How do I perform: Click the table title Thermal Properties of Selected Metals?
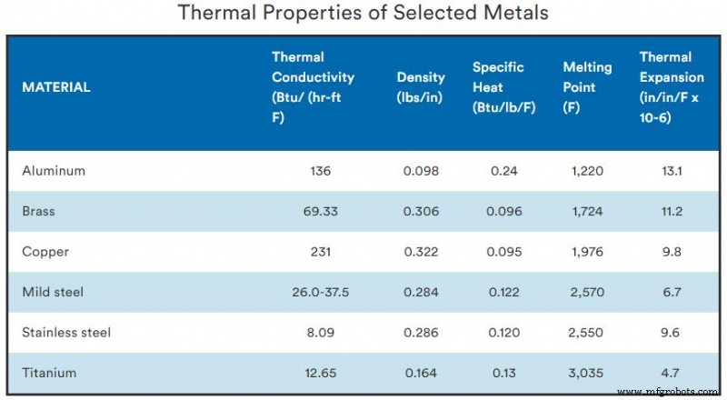[363, 14]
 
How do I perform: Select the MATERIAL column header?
[55, 88]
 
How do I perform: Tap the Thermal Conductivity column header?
[313, 87]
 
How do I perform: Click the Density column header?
[420, 87]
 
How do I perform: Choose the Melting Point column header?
[587, 87]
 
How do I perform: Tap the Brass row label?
[38, 211]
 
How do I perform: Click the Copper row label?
[42, 252]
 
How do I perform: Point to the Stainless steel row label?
[66, 333]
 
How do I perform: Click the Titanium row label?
[47, 373]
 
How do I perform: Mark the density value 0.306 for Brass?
[422, 211]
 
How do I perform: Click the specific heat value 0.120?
[503, 333]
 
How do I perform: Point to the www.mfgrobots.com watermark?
[670, 392]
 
